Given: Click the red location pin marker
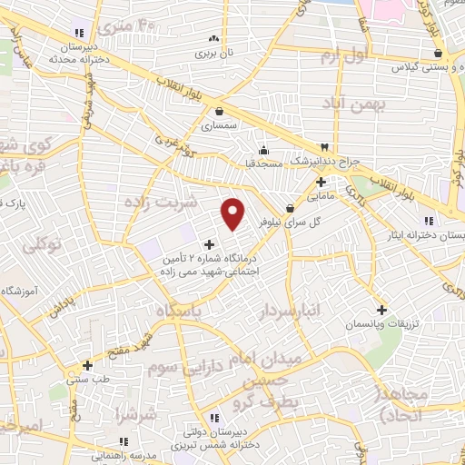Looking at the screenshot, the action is tap(233, 213).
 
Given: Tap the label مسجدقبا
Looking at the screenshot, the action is tap(263, 163).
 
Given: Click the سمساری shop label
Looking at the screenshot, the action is tap(219, 126).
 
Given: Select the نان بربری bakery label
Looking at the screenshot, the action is tap(216, 53).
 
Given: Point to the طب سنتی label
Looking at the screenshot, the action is tap(87, 380).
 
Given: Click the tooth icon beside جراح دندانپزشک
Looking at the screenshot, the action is tap(323, 147).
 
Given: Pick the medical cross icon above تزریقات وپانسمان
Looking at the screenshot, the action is tap(381, 310).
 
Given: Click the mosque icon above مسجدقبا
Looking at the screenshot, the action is tap(263, 150).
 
